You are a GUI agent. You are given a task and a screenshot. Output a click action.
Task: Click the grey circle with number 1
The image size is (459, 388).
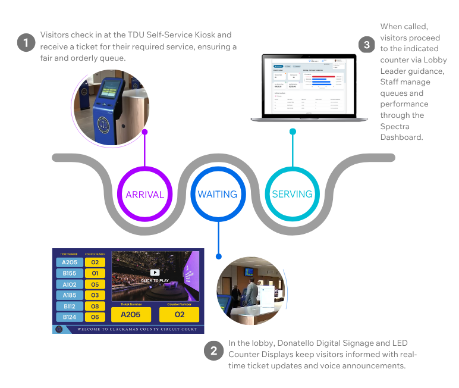[26, 43]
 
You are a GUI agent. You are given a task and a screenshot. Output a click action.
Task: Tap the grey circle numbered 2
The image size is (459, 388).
[212, 351]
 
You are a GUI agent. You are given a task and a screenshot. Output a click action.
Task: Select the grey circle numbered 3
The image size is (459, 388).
[367, 44]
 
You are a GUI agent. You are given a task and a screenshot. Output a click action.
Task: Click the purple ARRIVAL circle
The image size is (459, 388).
[144, 194]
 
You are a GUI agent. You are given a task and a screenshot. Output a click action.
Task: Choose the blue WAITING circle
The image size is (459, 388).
[218, 194]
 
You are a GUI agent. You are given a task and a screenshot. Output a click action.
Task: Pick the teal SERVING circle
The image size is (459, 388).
[292, 194]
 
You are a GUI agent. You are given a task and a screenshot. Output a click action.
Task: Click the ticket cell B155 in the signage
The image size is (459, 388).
[69, 273]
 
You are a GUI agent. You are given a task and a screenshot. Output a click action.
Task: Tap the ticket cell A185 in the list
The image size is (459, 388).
[69, 295]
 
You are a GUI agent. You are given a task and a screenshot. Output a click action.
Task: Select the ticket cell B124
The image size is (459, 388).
[69, 317]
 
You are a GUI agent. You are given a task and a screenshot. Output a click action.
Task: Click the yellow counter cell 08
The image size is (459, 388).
[95, 306]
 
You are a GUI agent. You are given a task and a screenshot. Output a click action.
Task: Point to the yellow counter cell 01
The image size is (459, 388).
[95, 273]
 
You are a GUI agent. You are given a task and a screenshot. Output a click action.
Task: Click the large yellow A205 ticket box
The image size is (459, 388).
[131, 315]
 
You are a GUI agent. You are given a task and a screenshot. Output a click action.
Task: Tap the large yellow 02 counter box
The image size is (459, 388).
[179, 315]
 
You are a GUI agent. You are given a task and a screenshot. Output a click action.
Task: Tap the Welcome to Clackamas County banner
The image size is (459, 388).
[137, 329]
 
